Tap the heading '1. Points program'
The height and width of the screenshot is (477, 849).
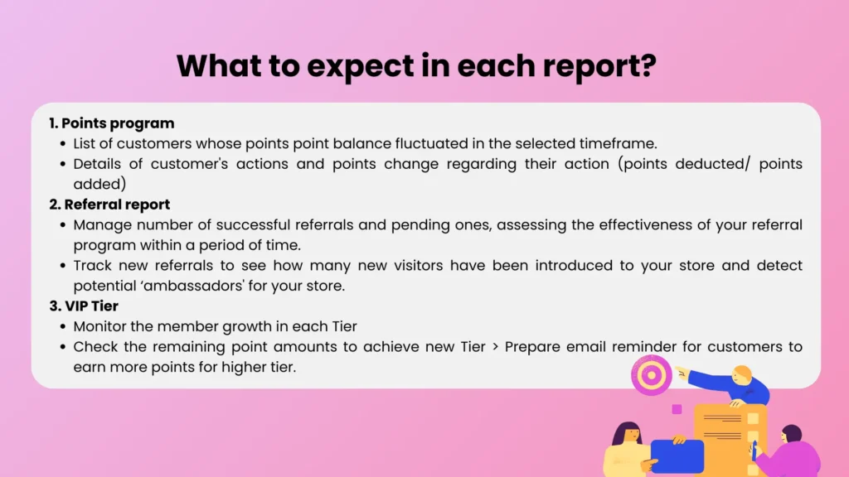pyautogui.click(x=111, y=123)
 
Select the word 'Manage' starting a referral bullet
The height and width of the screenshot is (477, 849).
pyautogui.click(x=98, y=224)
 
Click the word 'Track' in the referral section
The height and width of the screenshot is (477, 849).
pyautogui.click(x=92, y=265)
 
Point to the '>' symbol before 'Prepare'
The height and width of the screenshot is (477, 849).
pyautogui.click(x=495, y=347)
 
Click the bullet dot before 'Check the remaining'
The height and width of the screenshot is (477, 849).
pyautogui.click(x=64, y=347)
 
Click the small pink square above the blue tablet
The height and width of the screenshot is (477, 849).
pyautogui.click(x=677, y=409)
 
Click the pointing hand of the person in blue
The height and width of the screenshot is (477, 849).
pyautogui.click(x=682, y=371)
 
